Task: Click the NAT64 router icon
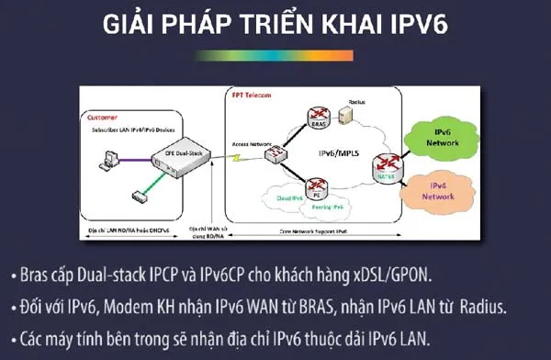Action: pos(387,166)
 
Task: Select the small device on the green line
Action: pos(140,196)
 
